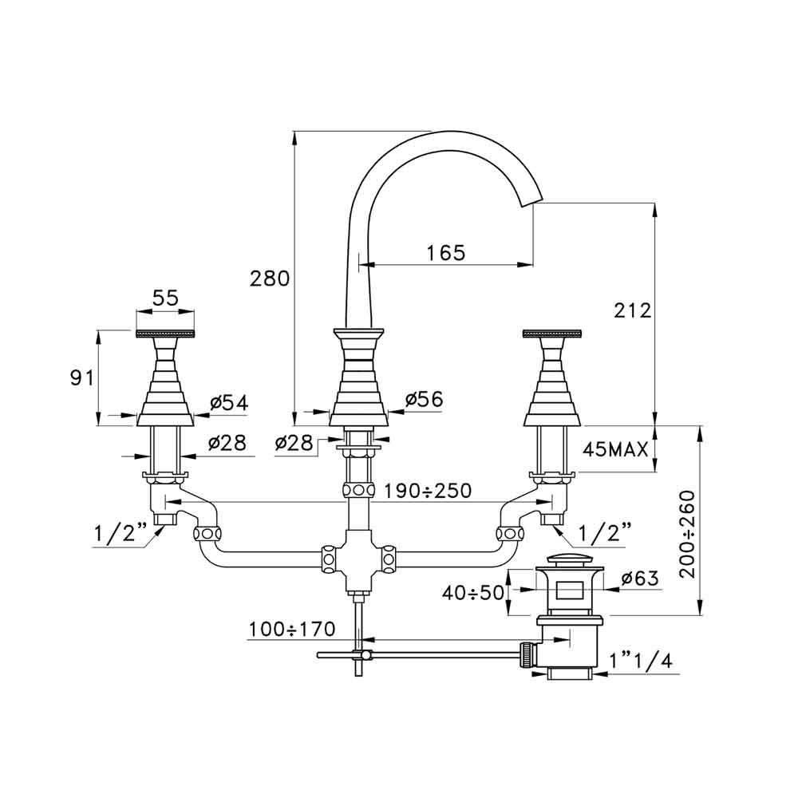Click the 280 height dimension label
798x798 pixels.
(x=267, y=279)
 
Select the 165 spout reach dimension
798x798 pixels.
(x=445, y=252)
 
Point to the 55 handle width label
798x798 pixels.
(x=165, y=298)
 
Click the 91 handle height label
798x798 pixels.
(x=78, y=377)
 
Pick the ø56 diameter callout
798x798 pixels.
(x=423, y=401)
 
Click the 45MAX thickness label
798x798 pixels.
(x=614, y=450)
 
